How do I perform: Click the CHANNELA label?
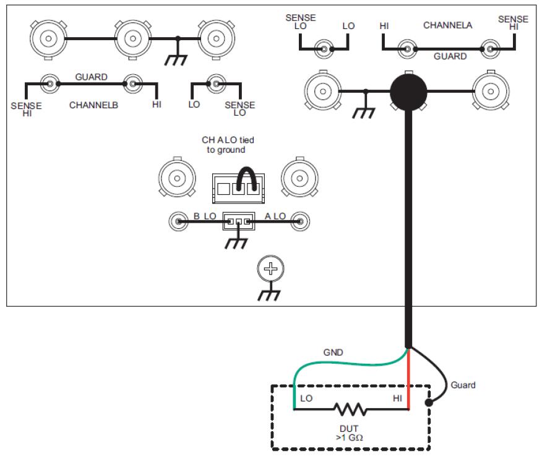pyautogui.click(x=448, y=26)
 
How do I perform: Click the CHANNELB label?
pyautogui.click(x=93, y=105)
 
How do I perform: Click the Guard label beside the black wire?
pyautogui.click(x=463, y=385)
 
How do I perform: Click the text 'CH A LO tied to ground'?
pyautogui.click(x=228, y=145)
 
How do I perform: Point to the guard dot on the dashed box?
pyautogui.click(x=429, y=403)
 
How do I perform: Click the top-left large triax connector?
pyautogui.click(x=46, y=38)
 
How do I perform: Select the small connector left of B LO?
pyautogui.click(x=179, y=220)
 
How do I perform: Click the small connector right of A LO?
pyautogui.click(x=300, y=220)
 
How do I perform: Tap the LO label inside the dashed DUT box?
pyautogui.click(x=306, y=399)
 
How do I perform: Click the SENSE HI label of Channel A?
pyautogui.click(x=513, y=24)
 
